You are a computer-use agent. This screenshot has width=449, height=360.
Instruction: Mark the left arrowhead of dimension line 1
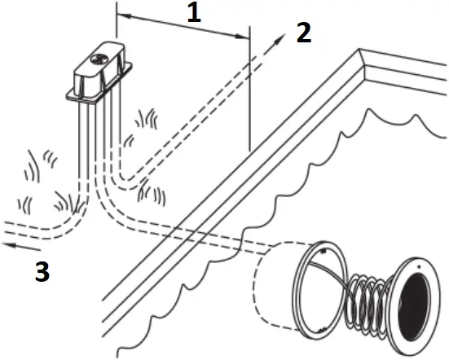pos(121,15)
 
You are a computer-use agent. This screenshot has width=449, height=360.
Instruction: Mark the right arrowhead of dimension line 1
pos(244,35)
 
